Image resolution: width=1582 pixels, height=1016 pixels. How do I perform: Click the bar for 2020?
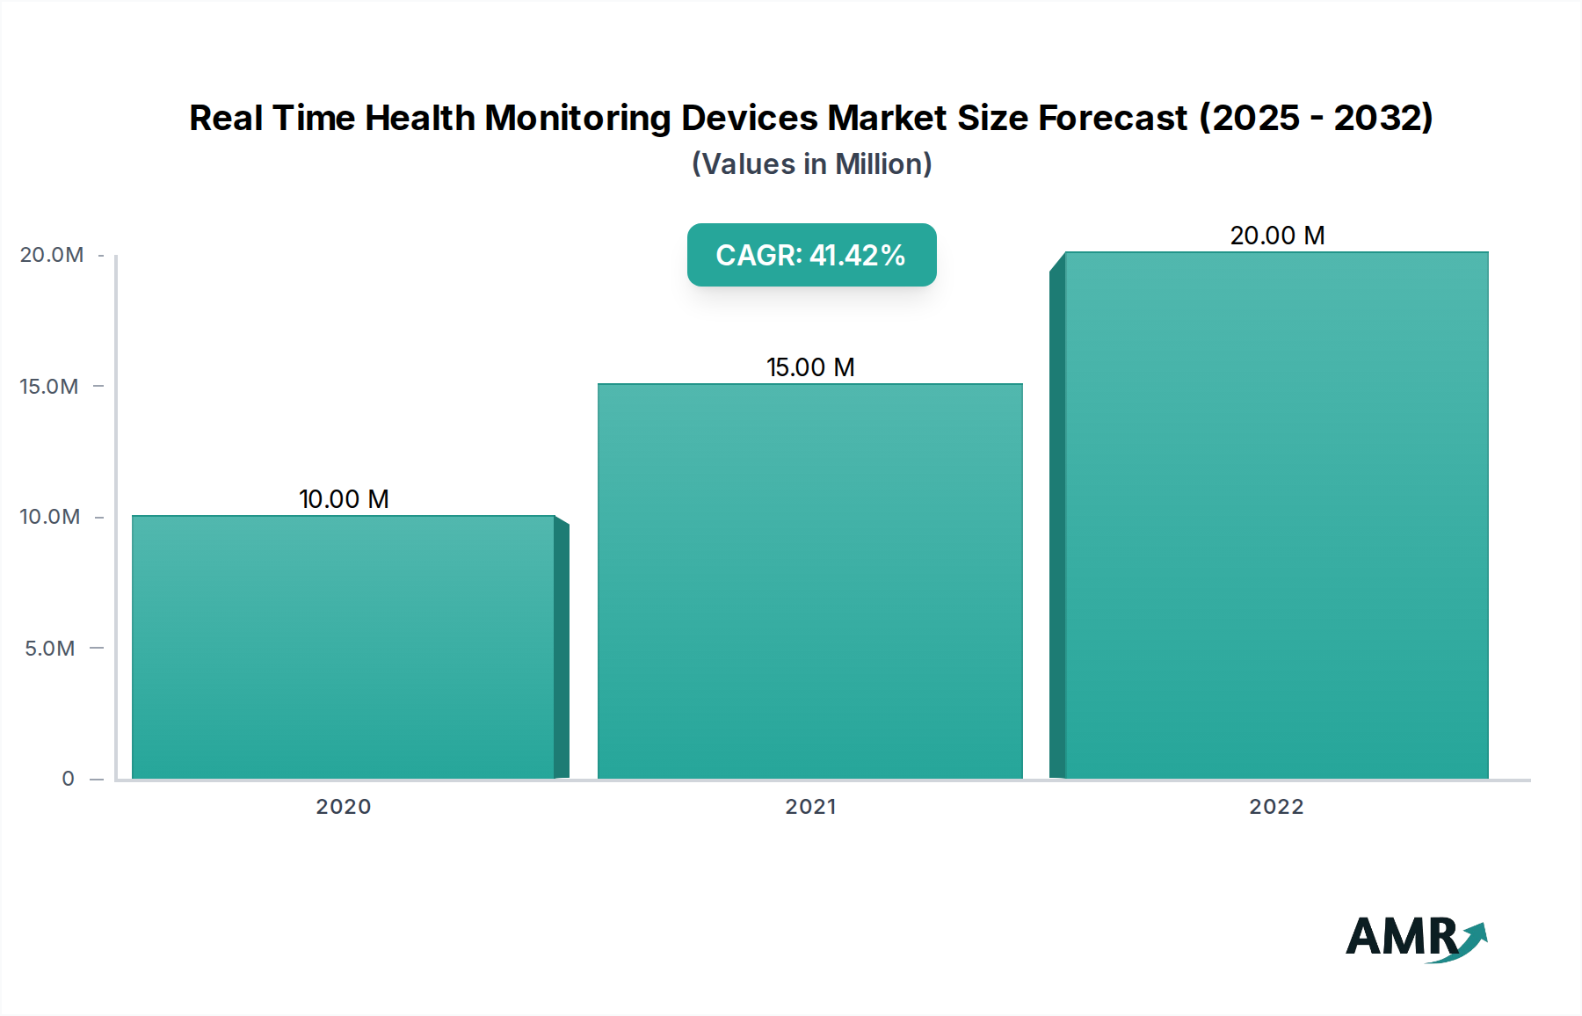tap(344, 647)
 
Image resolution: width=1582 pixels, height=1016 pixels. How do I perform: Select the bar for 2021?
tap(810, 581)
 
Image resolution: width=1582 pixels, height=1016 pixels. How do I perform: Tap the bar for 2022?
tap(1276, 515)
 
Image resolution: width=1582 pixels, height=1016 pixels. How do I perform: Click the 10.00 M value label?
tap(344, 499)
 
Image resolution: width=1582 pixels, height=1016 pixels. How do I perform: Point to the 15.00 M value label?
tap(810, 367)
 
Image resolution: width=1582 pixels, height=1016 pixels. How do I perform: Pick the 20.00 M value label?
tap(1277, 236)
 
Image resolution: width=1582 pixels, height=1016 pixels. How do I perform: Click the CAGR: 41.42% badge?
tap(811, 255)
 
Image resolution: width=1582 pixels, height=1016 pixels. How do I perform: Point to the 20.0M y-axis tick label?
tap(52, 255)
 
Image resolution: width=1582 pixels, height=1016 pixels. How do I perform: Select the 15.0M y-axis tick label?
tap(49, 387)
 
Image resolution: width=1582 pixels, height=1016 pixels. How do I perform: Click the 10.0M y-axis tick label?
tap(50, 517)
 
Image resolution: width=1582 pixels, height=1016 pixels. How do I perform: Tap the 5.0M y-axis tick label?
tap(50, 649)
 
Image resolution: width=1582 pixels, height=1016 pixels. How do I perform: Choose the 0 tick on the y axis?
tap(68, 779)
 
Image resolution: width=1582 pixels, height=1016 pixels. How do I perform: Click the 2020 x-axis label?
tap(344, 807)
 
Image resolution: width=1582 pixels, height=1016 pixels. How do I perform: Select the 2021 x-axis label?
tap(810, 807)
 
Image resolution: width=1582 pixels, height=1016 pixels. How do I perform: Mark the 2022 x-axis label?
tap(1276, 807)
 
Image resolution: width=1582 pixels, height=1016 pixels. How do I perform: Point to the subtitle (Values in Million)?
tap(811, 164)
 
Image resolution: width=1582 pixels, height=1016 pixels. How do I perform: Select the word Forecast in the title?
tap(1112, 118)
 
